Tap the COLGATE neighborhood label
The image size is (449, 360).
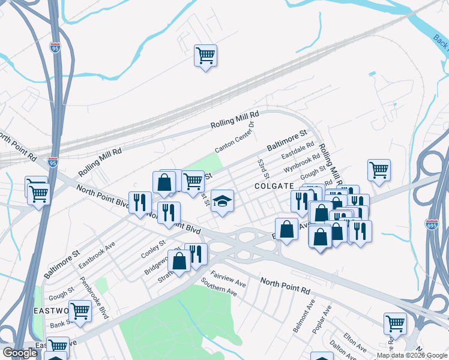(x=273, y=187)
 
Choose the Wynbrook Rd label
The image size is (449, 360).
(x=303, y=162)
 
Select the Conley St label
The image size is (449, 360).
(x=154, y=248)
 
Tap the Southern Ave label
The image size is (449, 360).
(x=219, y=286)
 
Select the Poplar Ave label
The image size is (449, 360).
(x=322, y=319)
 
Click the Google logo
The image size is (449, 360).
(x=19, y=353)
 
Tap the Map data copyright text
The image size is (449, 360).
(x=412, y=355)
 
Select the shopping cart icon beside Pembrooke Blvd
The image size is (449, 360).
(x=79, y=311)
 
